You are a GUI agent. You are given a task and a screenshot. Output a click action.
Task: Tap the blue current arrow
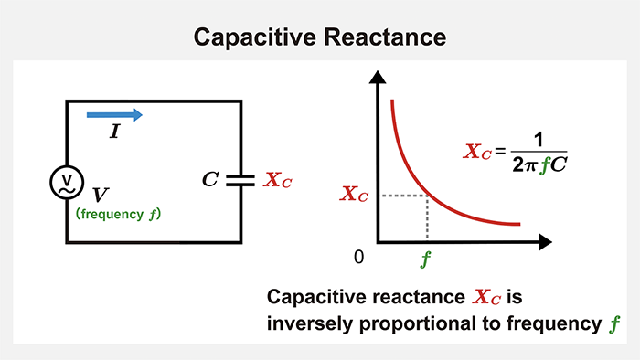pyautogui.click(x=114, y=114)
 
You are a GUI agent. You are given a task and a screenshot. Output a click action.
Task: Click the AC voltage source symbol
pyautogui.click(x=66, y=182)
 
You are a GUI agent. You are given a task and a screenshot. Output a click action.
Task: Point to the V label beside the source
pyautogui.click(x=101, y=195)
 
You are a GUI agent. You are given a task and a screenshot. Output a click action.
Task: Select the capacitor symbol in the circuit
pyautogui.click(x=240, y=179)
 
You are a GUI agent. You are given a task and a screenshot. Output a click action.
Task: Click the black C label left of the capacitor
pyautogui.click(x=209, y=179)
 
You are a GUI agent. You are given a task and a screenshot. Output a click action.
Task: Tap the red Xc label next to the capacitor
pyautogui.click(x=278, y=180)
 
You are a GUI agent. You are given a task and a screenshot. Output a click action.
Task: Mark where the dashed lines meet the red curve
pyautogui.click(x=427, y=194)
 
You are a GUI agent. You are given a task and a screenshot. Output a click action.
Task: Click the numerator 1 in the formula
pyautogui.click(x=539, y=141)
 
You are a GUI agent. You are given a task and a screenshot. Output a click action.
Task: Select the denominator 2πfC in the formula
pyautogui.click(x=539, y=164)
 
